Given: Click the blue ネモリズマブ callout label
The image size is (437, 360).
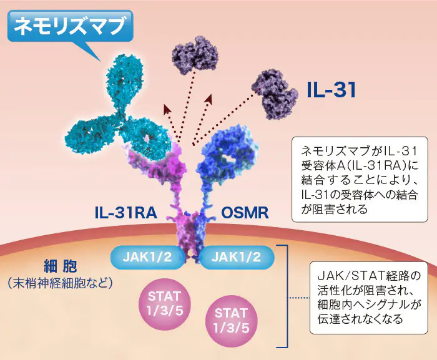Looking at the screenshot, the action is pos(70,26).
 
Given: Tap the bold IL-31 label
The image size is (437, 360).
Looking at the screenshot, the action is pos(331,90).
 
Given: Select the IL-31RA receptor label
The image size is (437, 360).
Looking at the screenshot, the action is pos(125,213).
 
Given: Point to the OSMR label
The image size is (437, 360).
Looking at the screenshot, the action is pos(245,213).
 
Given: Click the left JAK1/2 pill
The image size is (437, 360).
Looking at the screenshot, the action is pos(148,257).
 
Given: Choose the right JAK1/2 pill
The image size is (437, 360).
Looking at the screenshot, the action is pos(237,257).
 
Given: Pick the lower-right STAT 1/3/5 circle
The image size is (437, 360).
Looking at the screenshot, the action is pos(231,321).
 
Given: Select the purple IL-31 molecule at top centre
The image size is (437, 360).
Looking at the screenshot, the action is pos(195,55).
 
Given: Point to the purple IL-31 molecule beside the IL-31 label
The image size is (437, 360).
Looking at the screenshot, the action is pos(275,94).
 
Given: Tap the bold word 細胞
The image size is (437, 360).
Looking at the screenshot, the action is pos(60,266).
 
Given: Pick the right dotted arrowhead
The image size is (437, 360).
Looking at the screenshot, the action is pos(208,99).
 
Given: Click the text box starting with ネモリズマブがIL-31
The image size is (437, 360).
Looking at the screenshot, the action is pos(360,179).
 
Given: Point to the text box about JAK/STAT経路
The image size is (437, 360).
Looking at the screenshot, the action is pos(369,298).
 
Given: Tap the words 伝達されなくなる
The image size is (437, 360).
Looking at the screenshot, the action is pos(360,319).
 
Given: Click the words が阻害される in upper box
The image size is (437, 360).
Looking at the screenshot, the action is pos(335,209).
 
